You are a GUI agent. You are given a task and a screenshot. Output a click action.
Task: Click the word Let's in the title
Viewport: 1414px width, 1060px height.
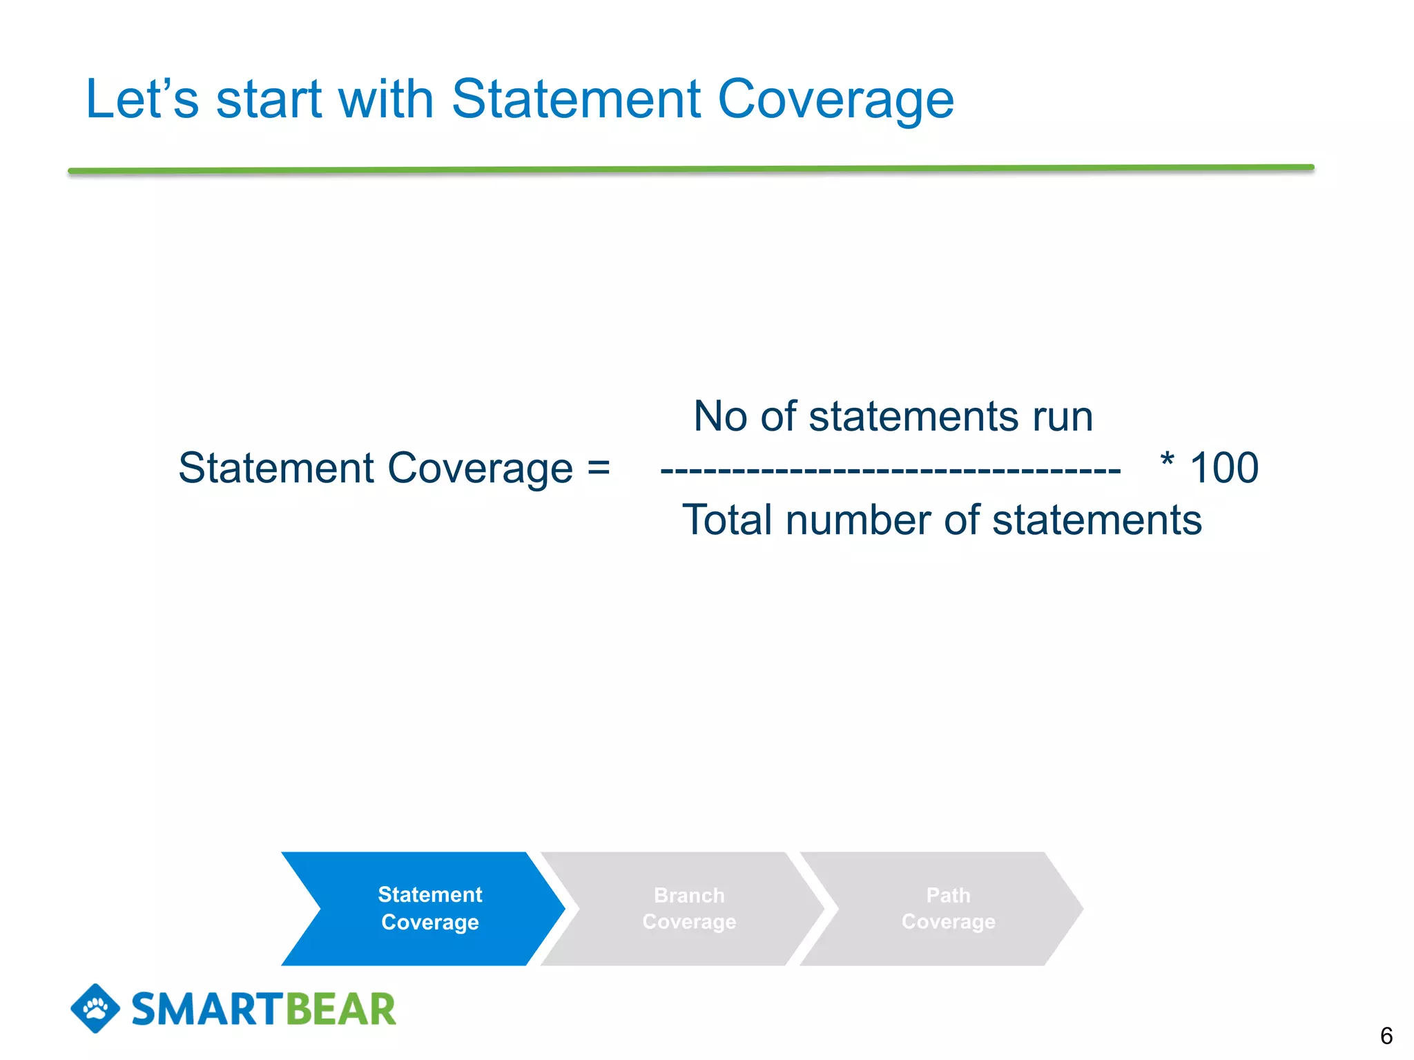coord(142,99)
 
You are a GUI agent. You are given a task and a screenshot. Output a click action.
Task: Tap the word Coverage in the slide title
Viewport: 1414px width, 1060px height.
coord(835,101)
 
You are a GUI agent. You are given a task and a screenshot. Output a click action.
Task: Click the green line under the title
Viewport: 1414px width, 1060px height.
coord(690,169)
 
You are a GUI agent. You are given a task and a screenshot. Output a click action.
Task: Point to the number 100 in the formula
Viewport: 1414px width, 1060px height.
coord(1224,468)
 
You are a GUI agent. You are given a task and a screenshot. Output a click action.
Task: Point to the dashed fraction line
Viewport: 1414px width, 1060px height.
coord(891,471)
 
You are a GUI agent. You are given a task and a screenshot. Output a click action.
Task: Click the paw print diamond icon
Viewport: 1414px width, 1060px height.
coord(95,1008)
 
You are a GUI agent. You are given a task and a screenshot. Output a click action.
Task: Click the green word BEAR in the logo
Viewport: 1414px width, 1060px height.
coord(340,1010)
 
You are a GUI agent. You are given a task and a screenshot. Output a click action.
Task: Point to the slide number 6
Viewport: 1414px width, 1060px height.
coord(1386,1036)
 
